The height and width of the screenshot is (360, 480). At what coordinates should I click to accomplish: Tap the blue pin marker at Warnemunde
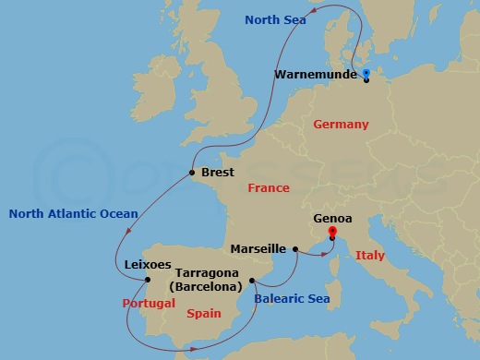click(366, 73)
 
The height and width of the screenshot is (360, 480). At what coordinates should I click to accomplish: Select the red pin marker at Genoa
click(331, 233)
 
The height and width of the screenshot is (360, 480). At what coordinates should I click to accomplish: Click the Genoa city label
click(332, 220)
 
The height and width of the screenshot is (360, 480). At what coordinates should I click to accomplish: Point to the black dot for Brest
click(192, 173)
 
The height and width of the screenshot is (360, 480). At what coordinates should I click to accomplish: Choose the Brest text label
click(217, 172)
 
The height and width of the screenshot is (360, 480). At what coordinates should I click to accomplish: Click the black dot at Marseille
click(295, 249)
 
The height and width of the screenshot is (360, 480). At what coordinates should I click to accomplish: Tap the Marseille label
click(260, 248)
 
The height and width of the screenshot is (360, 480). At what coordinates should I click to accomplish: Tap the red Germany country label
click(341, 125)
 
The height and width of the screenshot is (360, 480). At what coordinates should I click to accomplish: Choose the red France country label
click(269, 188)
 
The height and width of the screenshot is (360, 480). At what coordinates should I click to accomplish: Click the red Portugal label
click(149, 303)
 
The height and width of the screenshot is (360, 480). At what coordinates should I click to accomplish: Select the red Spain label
click(204, 314)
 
